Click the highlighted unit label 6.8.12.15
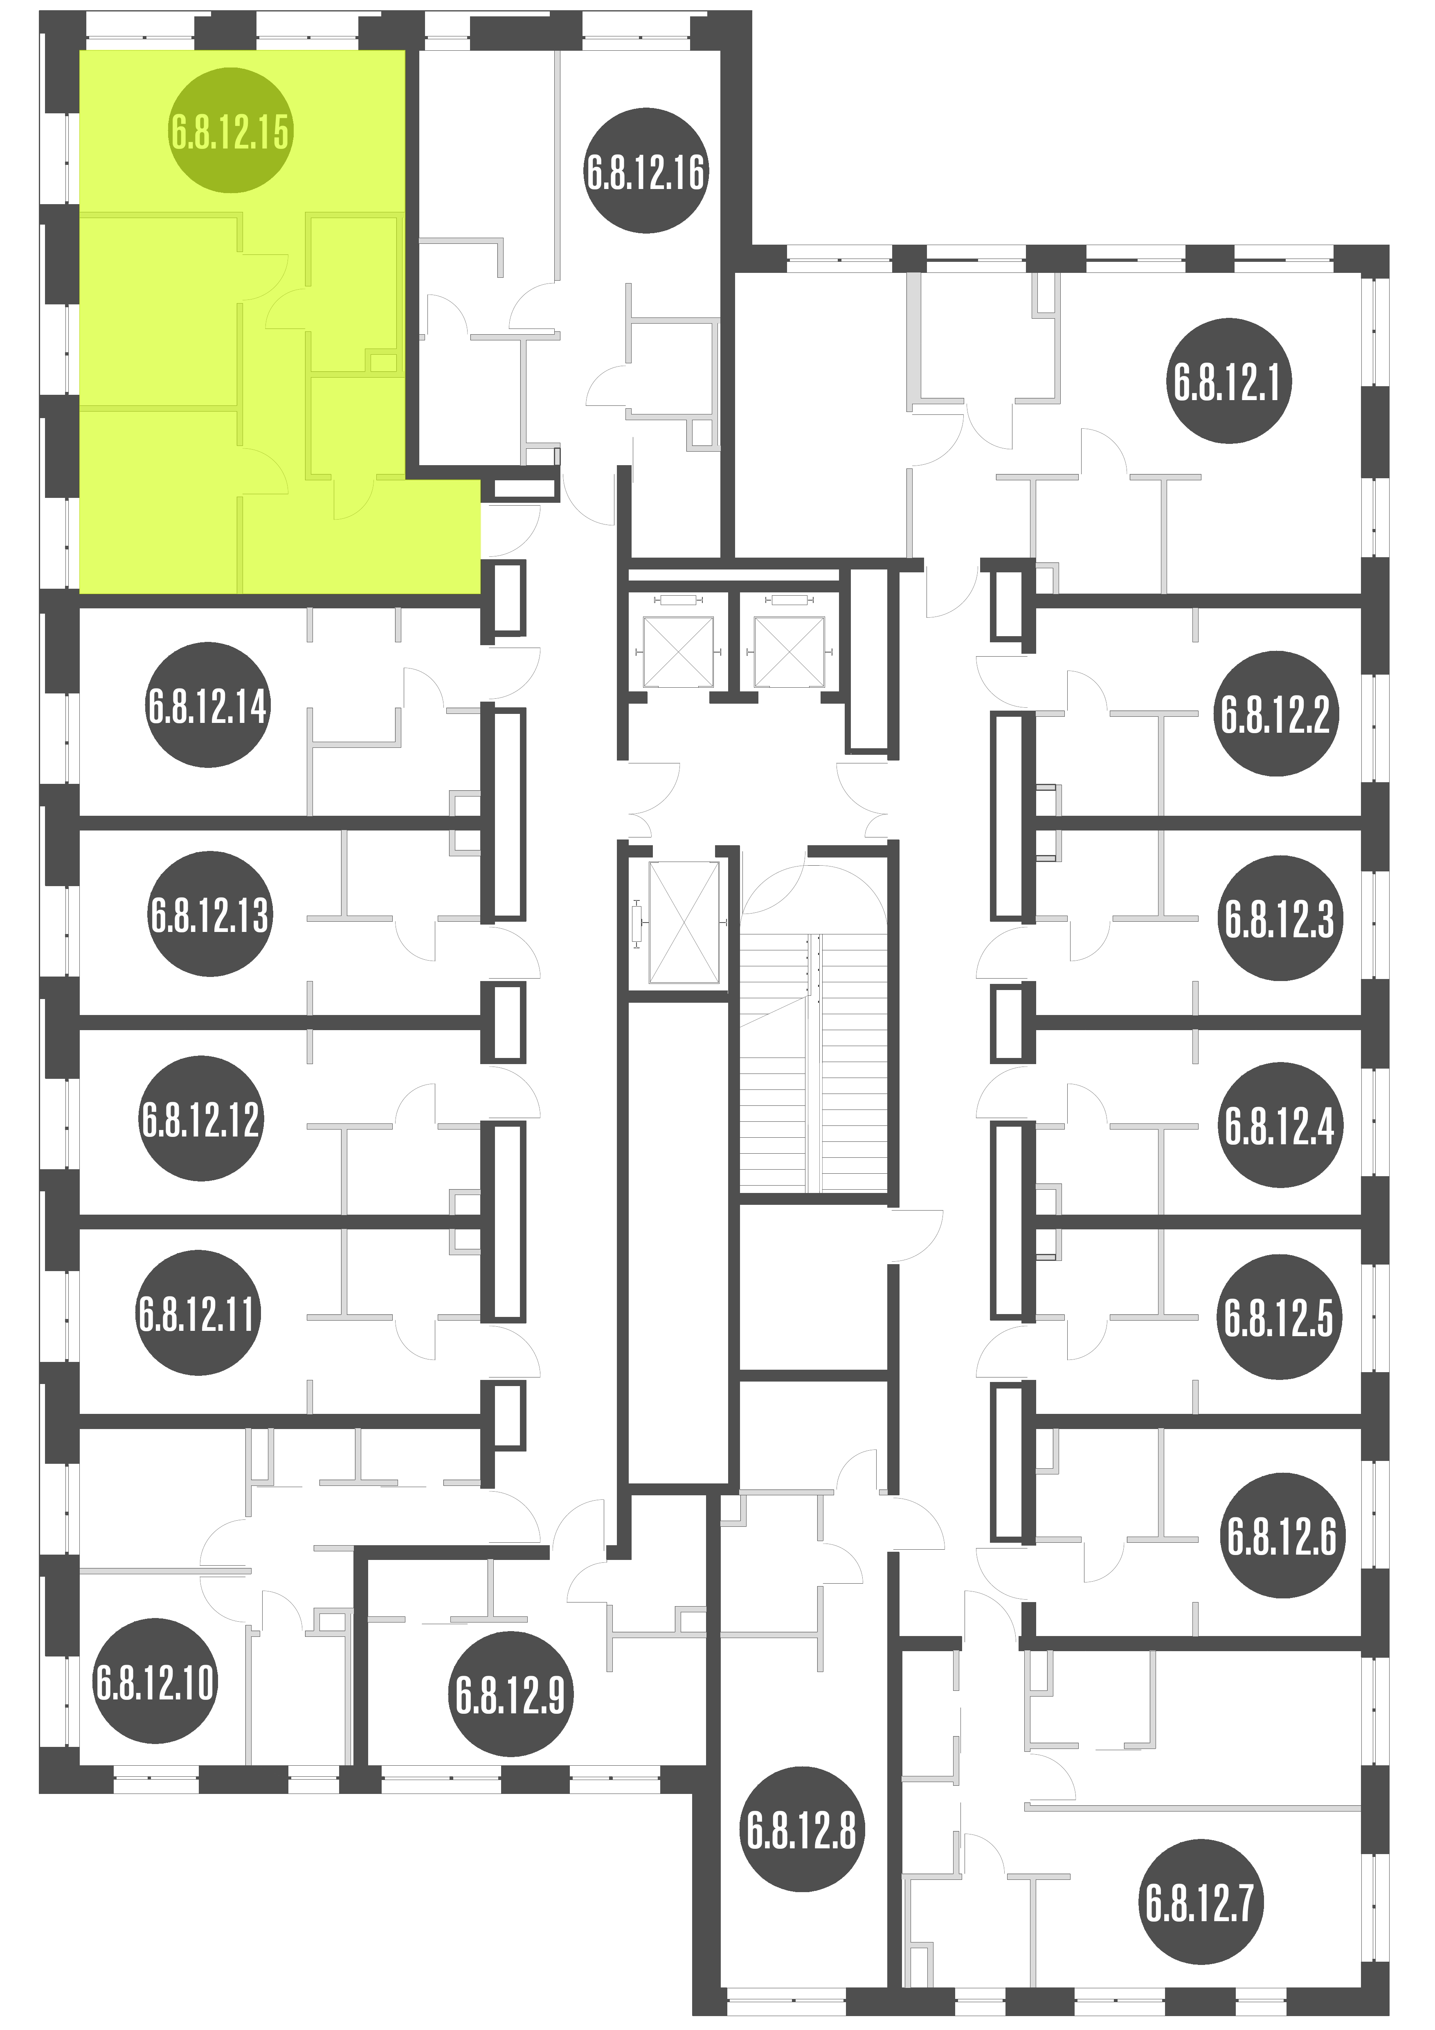[230, 131]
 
